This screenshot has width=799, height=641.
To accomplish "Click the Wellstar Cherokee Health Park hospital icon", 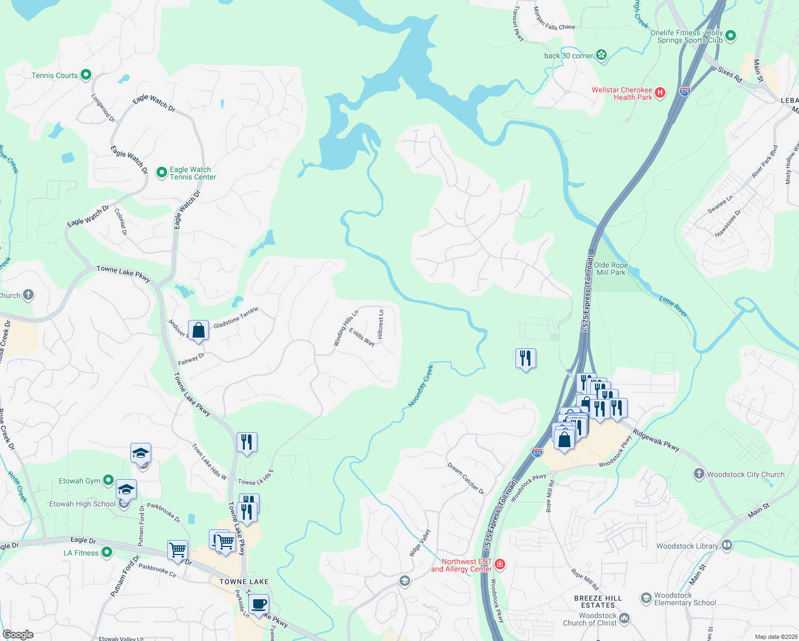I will [x=660, y=93].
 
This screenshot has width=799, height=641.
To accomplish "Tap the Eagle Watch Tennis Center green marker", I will [x=161, y=173].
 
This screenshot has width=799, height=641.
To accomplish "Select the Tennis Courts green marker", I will [x=86, y=75].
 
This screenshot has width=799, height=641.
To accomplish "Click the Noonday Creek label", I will [x=420, y=386].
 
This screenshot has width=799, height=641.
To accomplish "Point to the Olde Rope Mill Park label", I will [x=610, y=269].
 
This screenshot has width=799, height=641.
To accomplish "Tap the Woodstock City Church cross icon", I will [x=699, y=474].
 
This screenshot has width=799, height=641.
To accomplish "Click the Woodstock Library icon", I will [x=726, y=545].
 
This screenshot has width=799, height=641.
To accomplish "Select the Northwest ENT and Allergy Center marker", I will [x=500, y=564].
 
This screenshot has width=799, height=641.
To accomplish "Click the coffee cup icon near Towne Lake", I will [x=258, y=604].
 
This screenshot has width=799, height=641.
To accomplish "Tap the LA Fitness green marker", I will [x=106, y=552].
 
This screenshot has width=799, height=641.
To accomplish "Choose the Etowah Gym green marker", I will [x=108, y=480].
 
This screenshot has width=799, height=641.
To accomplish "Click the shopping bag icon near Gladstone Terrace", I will [x=198, y=331].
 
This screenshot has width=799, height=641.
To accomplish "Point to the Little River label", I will [x=673, y=307].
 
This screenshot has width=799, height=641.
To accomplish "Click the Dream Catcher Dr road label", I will [x=466, y=479].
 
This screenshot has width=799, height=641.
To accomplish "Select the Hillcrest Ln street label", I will [x=381, y=324].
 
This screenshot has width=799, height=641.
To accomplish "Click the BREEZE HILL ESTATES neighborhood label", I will [x=598, y=601].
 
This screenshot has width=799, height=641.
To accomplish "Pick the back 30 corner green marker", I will [x=601, y=54].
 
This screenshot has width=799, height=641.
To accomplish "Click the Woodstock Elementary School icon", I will [x=646, y=597].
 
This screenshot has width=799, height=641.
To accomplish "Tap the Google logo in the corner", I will [x=18, y=634].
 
